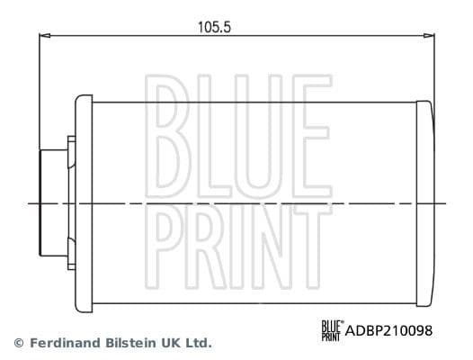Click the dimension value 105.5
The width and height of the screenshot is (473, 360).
click(x=214, y=27)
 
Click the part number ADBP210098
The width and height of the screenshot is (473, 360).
click(x=388, y=330)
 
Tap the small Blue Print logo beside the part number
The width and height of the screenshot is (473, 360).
click(x=331, y=331)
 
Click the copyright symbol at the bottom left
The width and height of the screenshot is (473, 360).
click(x=17, y=343)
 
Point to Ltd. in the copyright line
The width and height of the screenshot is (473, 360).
click(x=198, y=343)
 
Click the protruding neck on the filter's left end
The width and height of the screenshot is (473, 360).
click(x=54, y=204)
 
